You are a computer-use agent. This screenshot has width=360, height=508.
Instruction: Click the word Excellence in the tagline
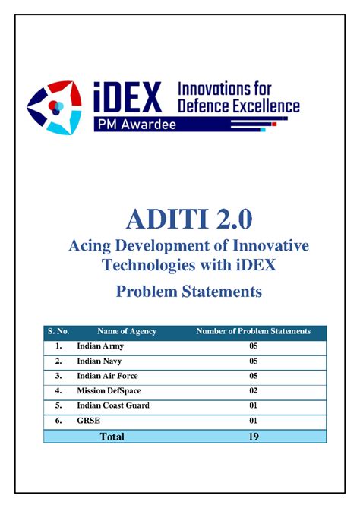[x=262, y=106]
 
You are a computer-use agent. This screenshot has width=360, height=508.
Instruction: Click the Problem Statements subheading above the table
[x=180, y=292]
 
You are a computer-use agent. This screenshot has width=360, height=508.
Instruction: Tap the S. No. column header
[x=58, y=331]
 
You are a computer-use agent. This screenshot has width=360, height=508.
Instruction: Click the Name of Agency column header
[x=127, y=331]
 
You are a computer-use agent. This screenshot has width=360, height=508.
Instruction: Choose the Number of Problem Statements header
[x=253, y=331]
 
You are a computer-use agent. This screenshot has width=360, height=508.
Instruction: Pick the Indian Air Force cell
[x=107, y=376]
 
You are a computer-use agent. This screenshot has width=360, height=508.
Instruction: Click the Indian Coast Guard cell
[x=112, y=405]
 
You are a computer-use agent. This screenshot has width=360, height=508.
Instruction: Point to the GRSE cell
[x=87, y=420]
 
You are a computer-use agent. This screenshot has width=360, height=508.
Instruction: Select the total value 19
[x=253, y=436]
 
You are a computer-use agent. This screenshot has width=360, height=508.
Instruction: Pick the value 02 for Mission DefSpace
[x=253, y=390]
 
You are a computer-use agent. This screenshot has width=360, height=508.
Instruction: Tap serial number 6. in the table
[x=58, y=420]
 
